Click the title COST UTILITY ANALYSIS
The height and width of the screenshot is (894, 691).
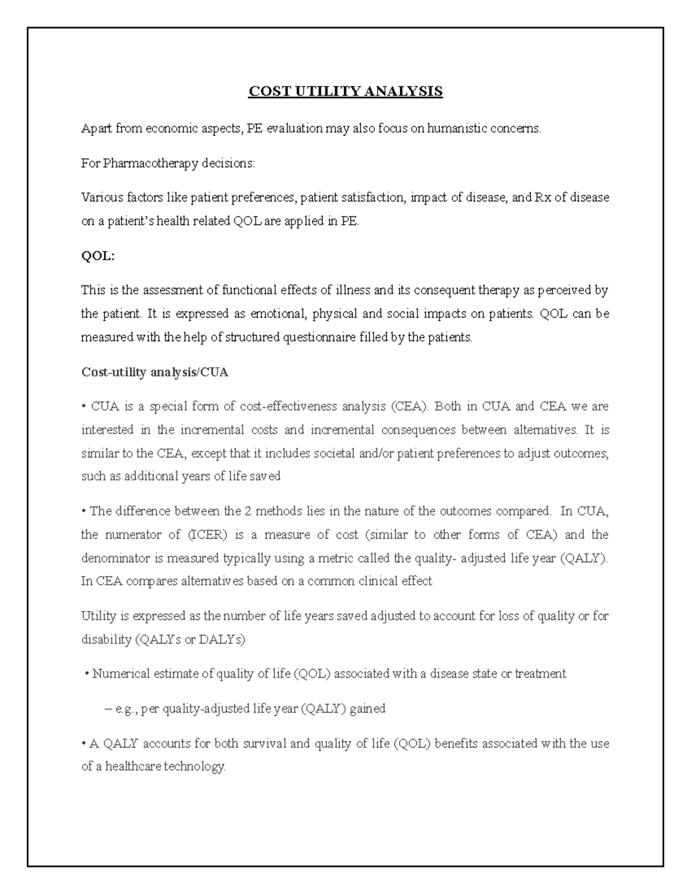[345, 92]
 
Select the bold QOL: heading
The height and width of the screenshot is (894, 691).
[98, 256]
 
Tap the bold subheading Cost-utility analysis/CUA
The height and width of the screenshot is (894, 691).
[154, 372]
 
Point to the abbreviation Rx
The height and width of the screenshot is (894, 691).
[543, 198]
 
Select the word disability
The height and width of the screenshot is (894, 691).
[106, 640]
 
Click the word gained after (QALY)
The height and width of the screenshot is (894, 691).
[367, 709]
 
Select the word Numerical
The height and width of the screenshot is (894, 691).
[121, 674]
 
